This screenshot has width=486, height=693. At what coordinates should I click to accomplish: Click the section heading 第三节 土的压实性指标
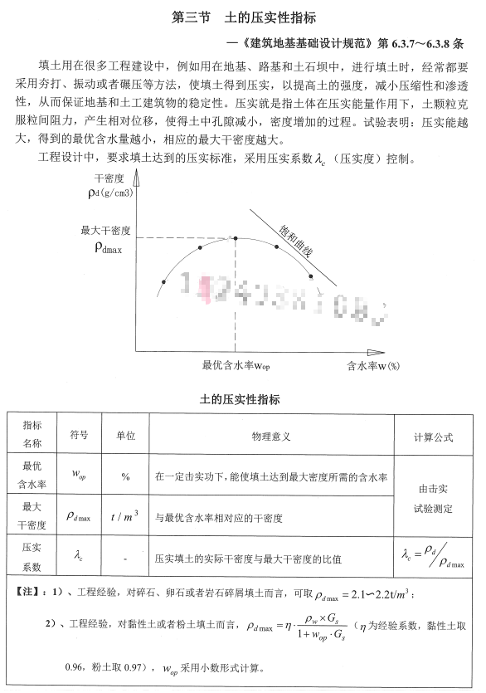243,17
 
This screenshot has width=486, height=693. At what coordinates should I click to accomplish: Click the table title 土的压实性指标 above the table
243,399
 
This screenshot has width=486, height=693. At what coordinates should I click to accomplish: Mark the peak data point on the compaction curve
236,238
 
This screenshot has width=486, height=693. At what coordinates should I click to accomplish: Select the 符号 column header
79,434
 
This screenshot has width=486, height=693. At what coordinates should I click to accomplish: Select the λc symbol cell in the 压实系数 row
79,559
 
